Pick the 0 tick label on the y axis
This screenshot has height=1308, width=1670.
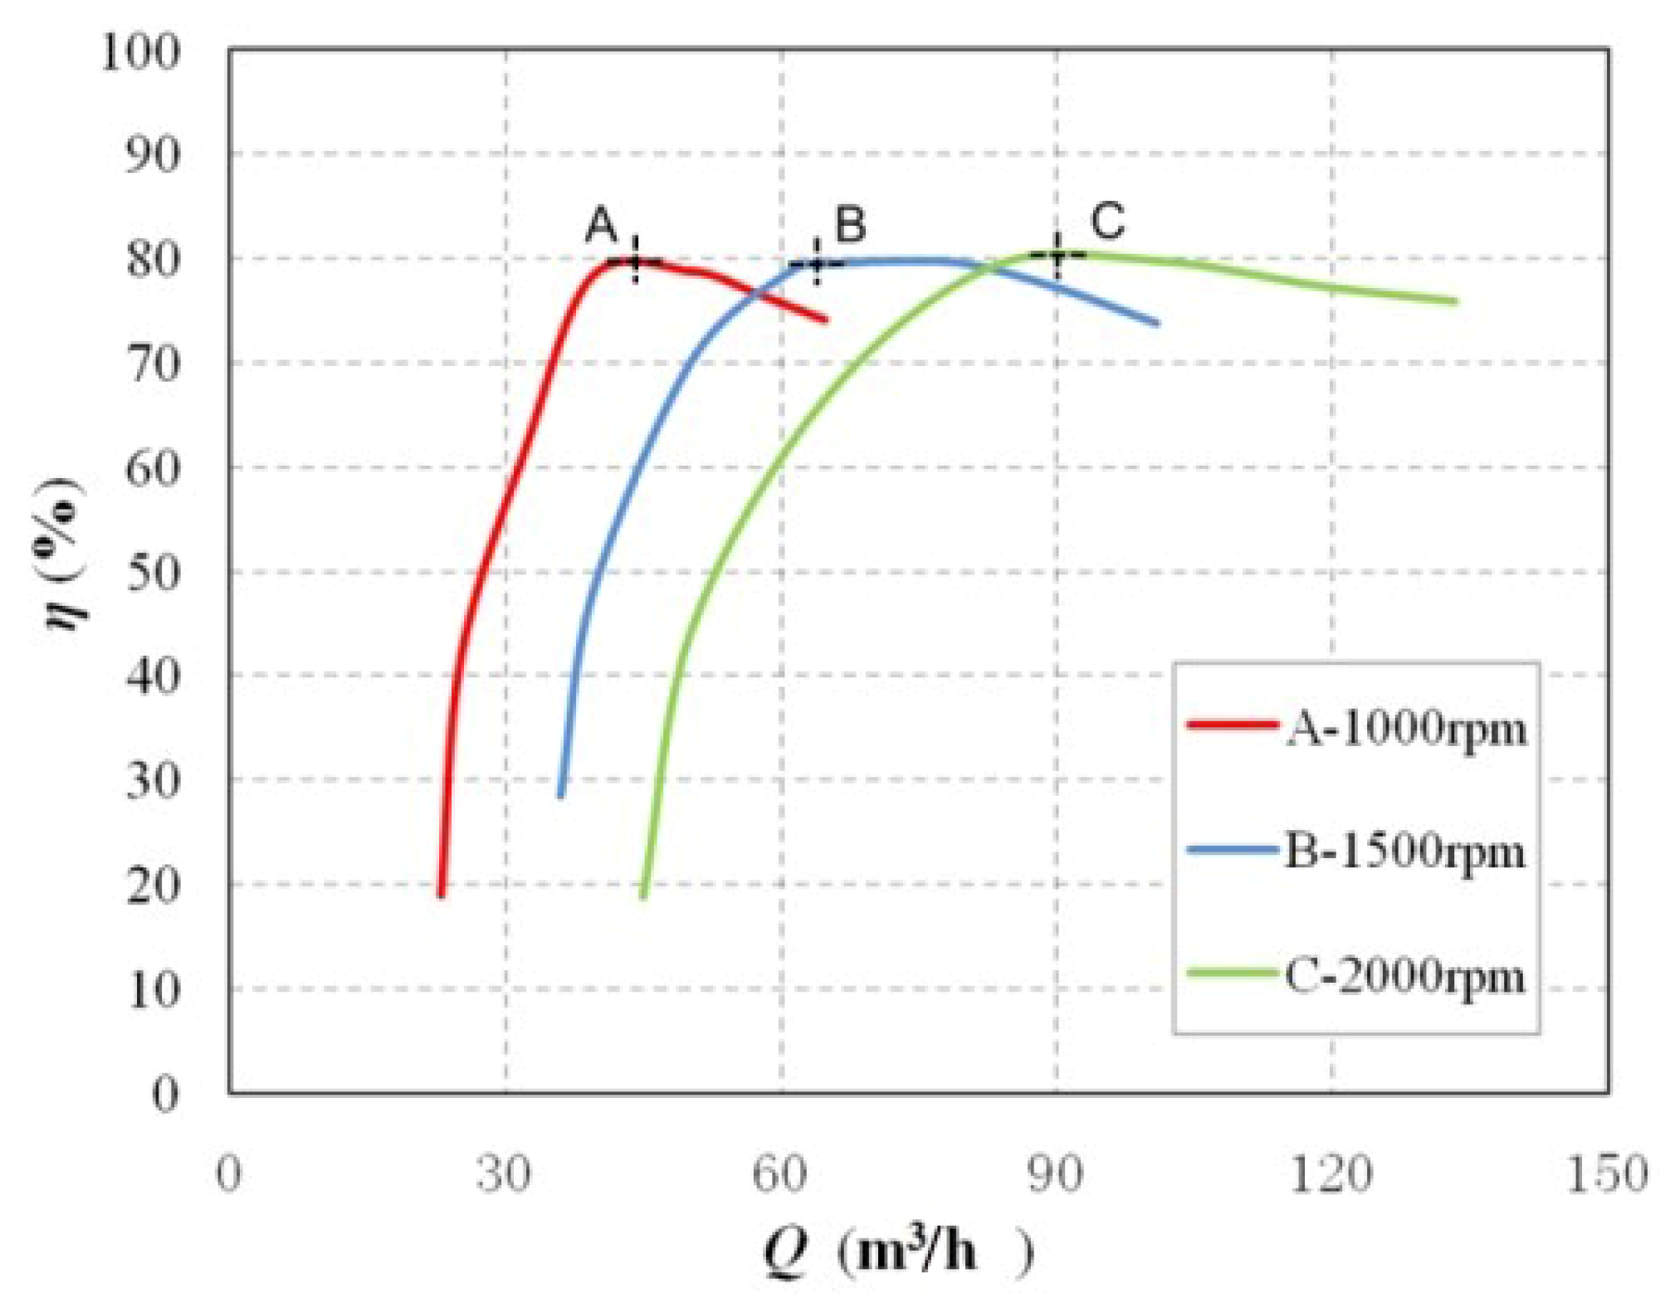pos(165,1094)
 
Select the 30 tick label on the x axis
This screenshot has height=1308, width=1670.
pos(504,1174)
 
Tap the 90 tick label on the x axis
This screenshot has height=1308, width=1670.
pos(1056,1174)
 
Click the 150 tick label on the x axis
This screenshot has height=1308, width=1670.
pos(1606,1174)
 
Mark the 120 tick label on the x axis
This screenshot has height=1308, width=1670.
pos(1331,1174)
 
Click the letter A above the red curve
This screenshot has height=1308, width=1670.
pos(602,225)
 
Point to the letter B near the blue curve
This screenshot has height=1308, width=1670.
pos(850,224)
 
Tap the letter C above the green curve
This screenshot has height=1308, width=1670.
pos(1107,220)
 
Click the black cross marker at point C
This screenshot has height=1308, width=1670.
pos(1057,254)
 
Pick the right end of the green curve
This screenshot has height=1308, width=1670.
pos(1454,301)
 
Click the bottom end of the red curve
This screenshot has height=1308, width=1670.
pos(441,894)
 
